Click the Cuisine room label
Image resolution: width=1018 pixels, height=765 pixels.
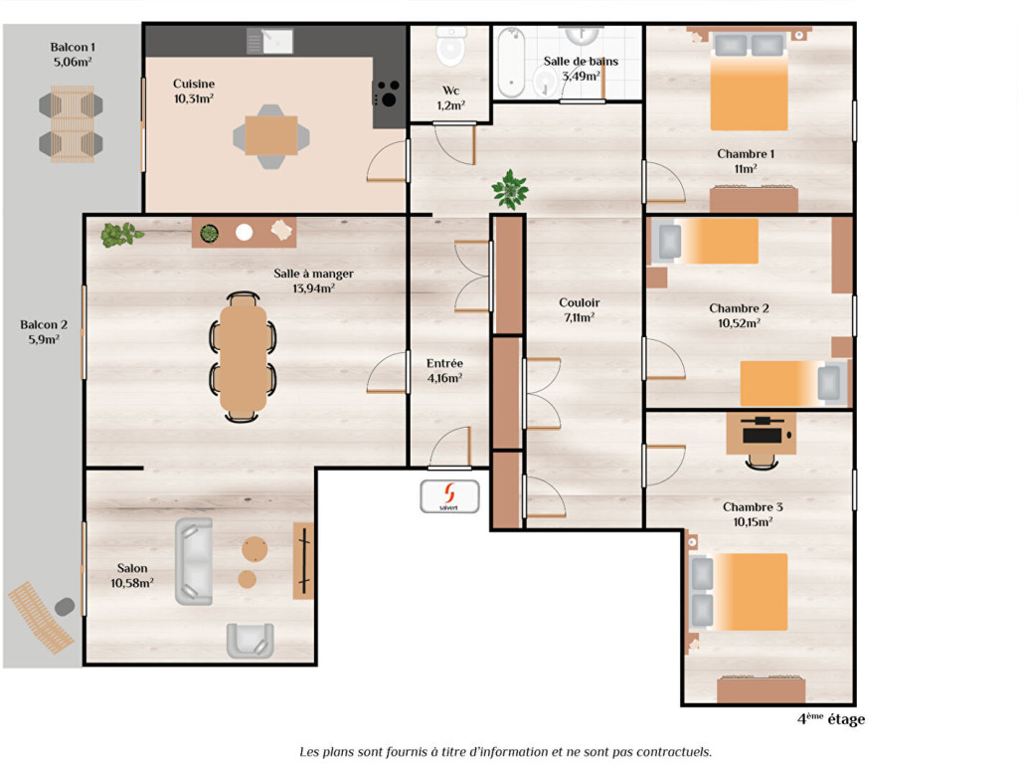194,84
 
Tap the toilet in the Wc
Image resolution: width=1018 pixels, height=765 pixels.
451,46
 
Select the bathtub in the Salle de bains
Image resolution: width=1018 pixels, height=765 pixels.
511,63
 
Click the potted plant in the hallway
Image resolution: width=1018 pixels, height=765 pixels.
510,189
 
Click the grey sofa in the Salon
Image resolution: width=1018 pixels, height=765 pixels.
194,562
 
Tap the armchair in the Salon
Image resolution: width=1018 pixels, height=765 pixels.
250,641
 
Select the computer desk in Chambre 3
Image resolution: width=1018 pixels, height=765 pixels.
761,434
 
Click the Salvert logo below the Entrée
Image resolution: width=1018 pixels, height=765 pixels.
449,496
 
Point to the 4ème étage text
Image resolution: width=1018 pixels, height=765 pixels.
831,719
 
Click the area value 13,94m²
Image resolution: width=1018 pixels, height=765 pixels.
313,288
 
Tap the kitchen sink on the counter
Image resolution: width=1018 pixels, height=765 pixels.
270,41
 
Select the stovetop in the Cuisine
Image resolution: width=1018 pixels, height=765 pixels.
387,93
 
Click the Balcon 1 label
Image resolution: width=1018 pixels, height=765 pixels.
73,47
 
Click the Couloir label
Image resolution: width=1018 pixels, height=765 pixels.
580,302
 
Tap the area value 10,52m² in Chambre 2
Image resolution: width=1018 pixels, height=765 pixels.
739,322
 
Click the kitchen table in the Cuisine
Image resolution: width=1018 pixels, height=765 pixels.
271,135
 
